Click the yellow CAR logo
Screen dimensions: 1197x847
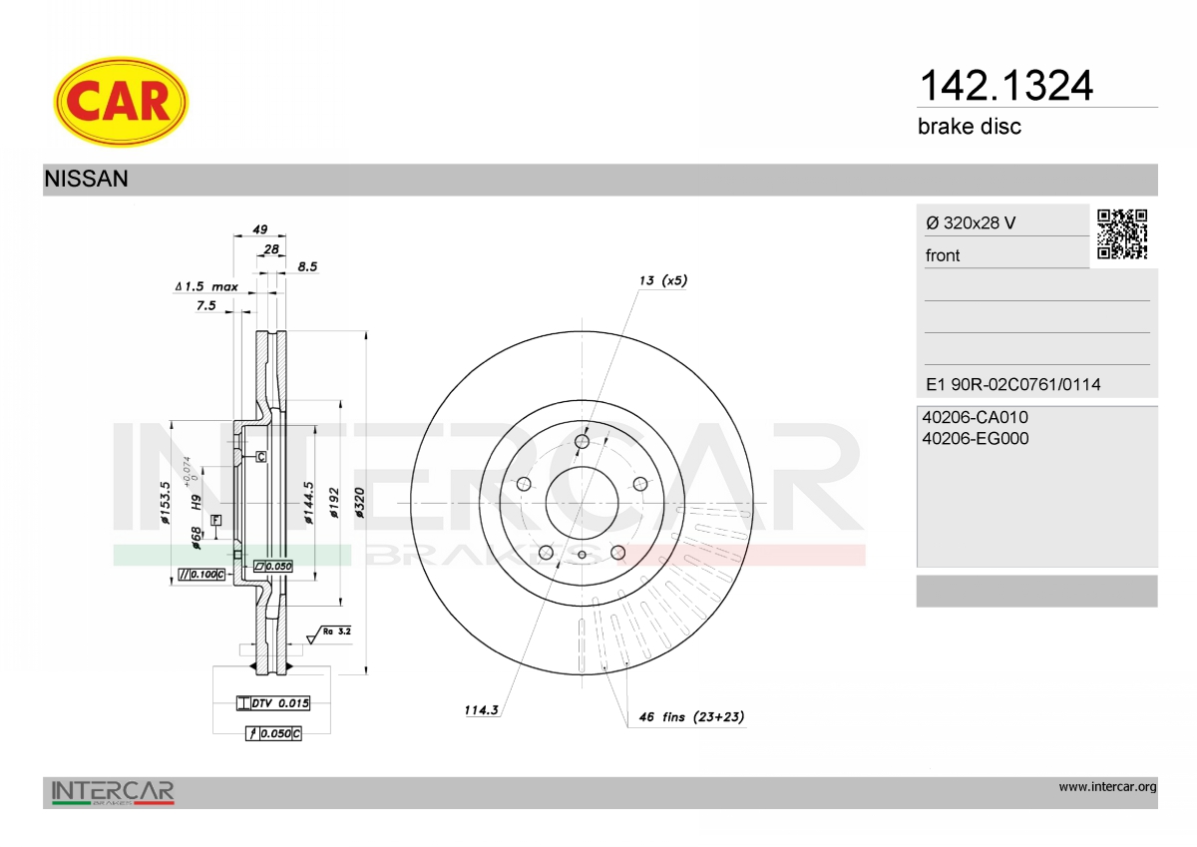[121, 102]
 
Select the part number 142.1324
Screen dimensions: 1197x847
[1006, 86]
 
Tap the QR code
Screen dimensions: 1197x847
[1122, 234]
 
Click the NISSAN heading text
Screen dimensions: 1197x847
[86, 179]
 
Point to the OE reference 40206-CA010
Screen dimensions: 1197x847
[976, 417]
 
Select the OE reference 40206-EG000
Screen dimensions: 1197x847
[976, 439]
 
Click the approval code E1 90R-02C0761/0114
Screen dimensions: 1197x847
[1013, 385]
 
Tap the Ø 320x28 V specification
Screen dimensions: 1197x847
[971, 222]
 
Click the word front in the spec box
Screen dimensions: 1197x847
[943, 256]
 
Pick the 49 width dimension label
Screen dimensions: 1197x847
[260, 229]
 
